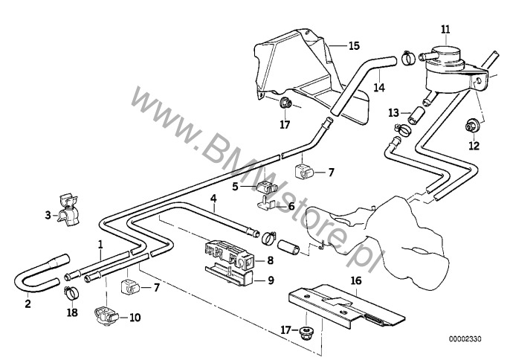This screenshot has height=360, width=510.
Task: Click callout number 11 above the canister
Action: pos(445,30)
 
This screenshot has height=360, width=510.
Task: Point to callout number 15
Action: pos(354,45)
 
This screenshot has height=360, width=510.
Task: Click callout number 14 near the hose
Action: pos(379,87)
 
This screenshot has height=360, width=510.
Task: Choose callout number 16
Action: pos(355,281)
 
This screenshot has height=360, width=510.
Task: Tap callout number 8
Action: pos(270,260)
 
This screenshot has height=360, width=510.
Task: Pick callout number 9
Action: pos(270,280)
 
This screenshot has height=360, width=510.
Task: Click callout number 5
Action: pos(234,187)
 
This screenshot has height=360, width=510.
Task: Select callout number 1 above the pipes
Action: pos(100,243)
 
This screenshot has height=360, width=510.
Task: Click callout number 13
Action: pos(394,113)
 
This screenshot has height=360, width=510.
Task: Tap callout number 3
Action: pos(48,215)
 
